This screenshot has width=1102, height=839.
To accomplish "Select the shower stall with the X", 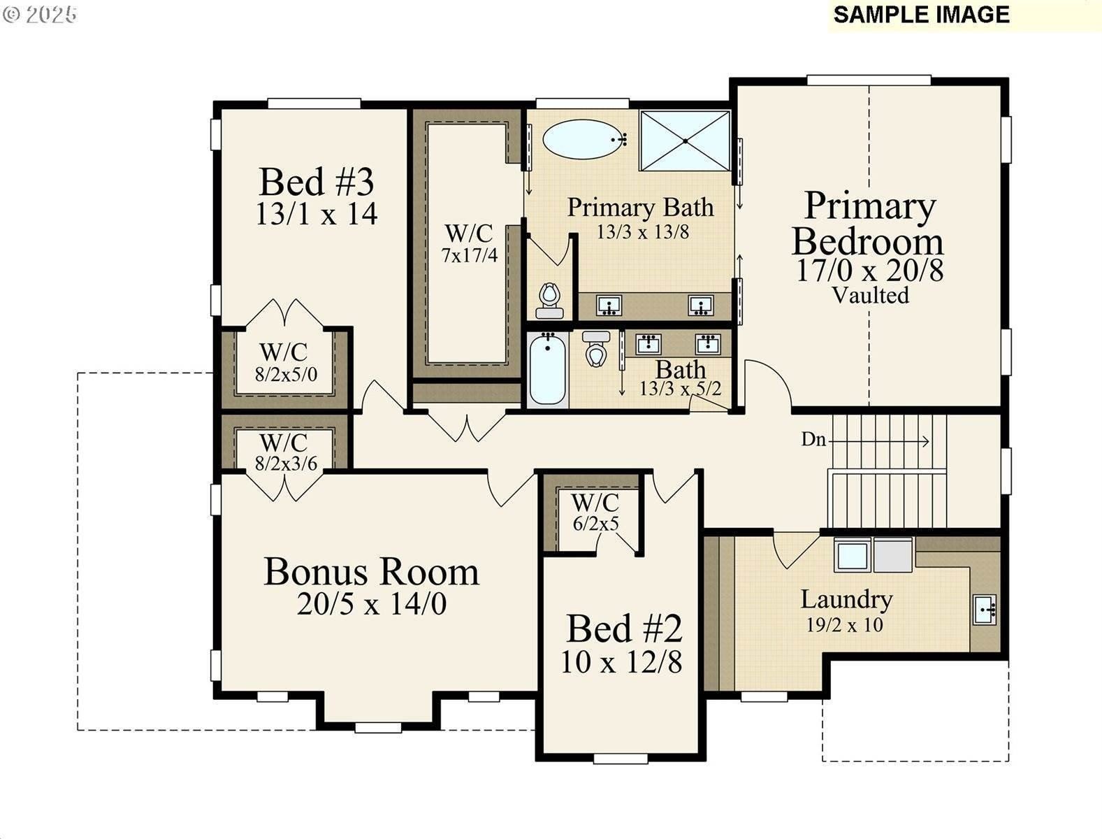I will pyautogui.click(x=685, y=141).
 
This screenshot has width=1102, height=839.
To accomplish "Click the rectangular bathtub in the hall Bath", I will pyautogui.click(x=547, y=370).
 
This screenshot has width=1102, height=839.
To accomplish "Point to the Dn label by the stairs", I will pyautogui.click(x=813, y=440).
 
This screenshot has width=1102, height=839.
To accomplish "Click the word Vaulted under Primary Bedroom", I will pyautogui.click(x=870, y=295).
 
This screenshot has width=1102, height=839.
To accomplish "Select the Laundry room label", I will pyautogui.click(x=846, y=599).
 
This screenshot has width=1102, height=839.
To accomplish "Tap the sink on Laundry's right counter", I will pyautogui.click(x=985, y=610).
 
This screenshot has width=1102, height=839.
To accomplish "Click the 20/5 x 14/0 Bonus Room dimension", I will pyautogui.click(x=371, y=603).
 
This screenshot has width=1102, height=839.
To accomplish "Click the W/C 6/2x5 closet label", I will pyautogui.click(x=595, y=512).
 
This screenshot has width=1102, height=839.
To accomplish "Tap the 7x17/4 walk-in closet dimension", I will pyautogui.click(x=469, y=255).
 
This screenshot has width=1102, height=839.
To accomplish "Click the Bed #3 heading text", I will pyautogui.click(x=317, y=182).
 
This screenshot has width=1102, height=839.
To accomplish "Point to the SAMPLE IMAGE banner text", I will pyautogui.click(x=921, y=15).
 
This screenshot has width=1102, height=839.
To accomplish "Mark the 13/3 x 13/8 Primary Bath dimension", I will pyautogui.click(x=642, y=231).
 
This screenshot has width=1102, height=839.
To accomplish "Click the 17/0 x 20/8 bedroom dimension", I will pyautogui.click(x=869, y=270).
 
